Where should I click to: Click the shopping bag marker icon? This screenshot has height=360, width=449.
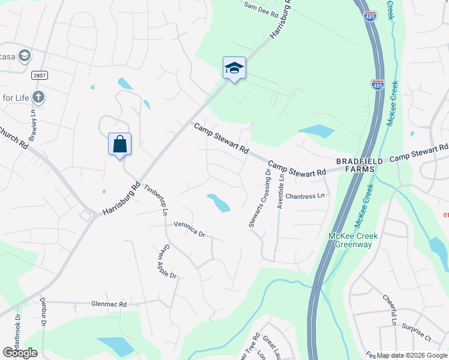[119, 144]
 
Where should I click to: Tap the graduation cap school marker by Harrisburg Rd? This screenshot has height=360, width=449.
[234, 68]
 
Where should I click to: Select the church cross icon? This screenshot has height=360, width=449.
[38, 97]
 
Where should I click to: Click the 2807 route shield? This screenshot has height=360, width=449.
[40, 74]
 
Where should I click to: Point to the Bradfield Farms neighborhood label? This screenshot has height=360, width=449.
[355, 165]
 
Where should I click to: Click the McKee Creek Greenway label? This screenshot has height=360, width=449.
[354, 241]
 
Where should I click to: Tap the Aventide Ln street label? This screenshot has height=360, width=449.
[280, 191]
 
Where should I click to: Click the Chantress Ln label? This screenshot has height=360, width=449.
[304, 196]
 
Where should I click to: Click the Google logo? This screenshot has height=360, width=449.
[20, 353]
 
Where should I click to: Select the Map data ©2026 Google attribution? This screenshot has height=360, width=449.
[412, 355]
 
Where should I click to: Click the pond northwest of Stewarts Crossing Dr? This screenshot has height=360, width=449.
[218, 203]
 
